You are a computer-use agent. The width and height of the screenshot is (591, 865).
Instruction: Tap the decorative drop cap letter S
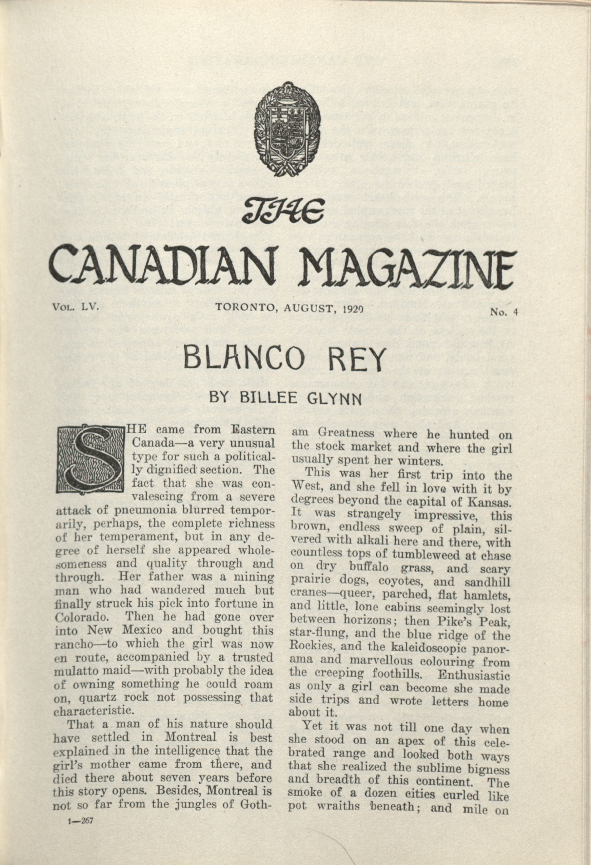[x=90, y=459]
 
